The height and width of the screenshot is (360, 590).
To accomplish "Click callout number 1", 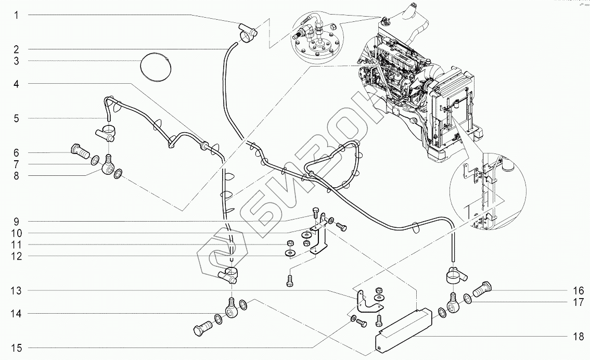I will (16, 16).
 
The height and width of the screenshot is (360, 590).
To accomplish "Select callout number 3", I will (16, 61).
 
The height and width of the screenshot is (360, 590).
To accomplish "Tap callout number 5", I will (16, 119).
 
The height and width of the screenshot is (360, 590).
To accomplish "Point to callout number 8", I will (16, 176).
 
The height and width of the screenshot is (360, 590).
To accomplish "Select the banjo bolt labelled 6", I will (79, 152).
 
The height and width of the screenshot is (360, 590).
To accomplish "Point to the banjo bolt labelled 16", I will (483, 287).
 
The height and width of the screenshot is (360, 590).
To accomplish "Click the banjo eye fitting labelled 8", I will (108, 169).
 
